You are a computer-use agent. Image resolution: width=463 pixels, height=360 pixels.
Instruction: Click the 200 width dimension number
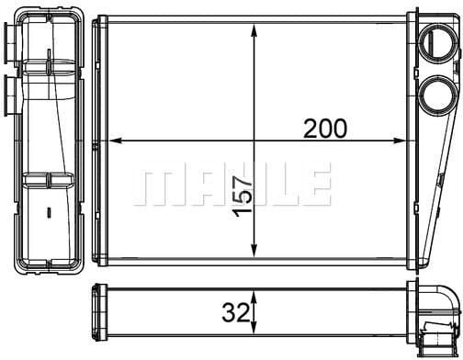pyautogui.click(x=325, y=129)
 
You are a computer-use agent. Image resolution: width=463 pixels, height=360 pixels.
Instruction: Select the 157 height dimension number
pyautogui.click(x=243, y=197)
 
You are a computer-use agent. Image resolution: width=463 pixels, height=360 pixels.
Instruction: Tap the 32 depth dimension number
pyautogui.click(x=235, y=312)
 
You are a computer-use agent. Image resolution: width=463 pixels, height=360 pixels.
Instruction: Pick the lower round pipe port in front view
pyautogui.click(x=437, y=95)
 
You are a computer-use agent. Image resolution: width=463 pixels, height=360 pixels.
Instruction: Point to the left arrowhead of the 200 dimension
pyautogui.click(x=116, y=141)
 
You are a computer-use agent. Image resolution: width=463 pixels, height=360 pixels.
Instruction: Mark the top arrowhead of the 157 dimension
pyautogui.click(x=254, y=31)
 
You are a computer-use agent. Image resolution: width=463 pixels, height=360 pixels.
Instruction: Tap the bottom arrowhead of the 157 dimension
pyautogui.click(x=254, y=250)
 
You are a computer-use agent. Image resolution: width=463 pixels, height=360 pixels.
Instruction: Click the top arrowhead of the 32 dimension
pyautogui.click(x=254, y=298)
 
